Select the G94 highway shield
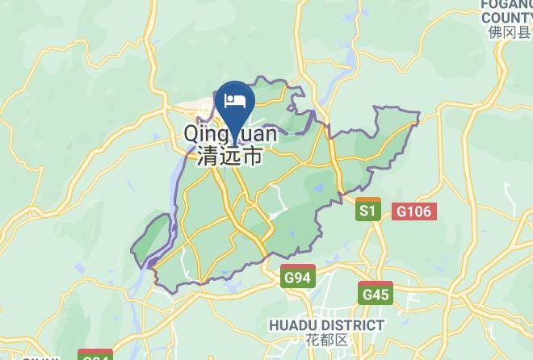pos(297,278)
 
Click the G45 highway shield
pos(376,294)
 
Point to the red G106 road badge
pos(414,211)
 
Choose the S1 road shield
pos(368,211)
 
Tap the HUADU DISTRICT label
pos(325,325)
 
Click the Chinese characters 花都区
pos(325,340)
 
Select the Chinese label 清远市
pos(229,156)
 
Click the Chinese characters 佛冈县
pos(509,32)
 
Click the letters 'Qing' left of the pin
pos(205,134)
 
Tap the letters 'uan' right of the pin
pos(258,132)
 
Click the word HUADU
pos(291,325)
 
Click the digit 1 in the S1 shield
pos(372,211)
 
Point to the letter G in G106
pos(401,211)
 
